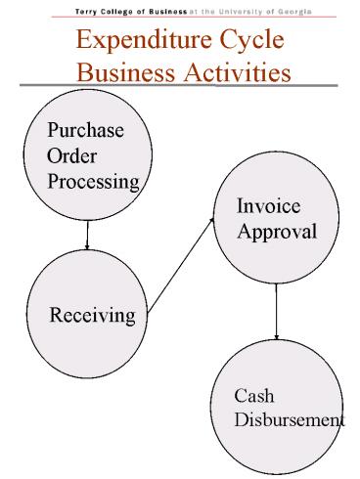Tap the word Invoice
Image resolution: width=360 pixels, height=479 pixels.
pos(268,206)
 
